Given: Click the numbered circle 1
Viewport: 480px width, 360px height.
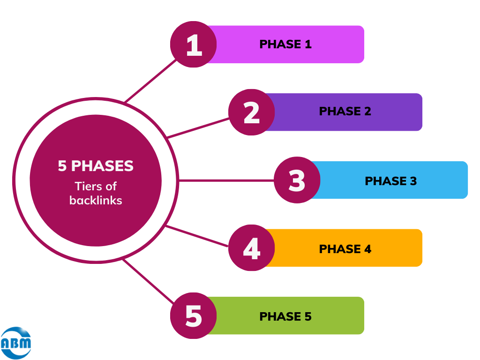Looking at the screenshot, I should click(x=193, y=45).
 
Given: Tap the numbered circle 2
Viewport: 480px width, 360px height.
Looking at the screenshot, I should click(x=251, y=112).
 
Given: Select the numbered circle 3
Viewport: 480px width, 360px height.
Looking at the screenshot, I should click(x=297, y=180).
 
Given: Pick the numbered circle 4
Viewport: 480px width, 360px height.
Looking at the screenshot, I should click(x=251, y=248).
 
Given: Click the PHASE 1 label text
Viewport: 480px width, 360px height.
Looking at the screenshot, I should click(x=285, y=45).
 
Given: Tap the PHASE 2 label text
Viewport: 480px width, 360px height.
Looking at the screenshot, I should click(x=345, y=112).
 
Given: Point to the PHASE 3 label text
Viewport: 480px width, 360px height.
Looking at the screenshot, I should click(x=390, y=181).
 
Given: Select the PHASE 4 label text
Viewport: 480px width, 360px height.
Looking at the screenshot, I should click(x=345, y=249).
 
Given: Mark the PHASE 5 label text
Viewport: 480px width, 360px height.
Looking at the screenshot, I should click(x=285, y=316).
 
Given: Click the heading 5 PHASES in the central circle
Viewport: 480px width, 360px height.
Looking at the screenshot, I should click(x=96, y=166).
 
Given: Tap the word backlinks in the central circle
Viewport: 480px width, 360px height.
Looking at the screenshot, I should click(x=96, y=200).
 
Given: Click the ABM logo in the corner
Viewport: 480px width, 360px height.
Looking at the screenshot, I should click(x=16, y=343).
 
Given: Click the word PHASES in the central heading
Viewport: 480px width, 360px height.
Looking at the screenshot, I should click(x=102, y=166).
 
